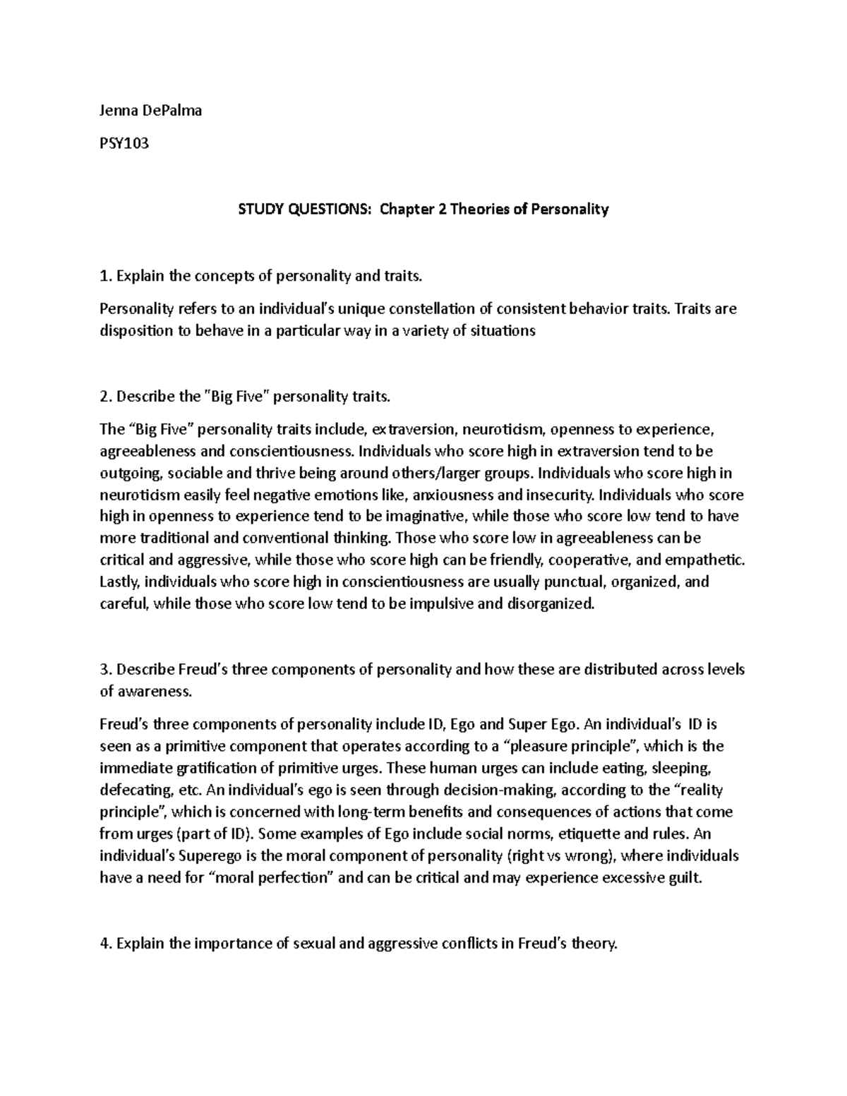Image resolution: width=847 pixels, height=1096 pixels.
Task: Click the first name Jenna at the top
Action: click(x=118, y=110)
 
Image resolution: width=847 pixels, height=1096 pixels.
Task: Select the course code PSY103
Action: click(x=124, y=144)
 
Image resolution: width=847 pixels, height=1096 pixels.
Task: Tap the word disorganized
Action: click(x=546, y=604)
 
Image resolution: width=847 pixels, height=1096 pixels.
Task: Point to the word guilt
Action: click(x=686, y=878)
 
